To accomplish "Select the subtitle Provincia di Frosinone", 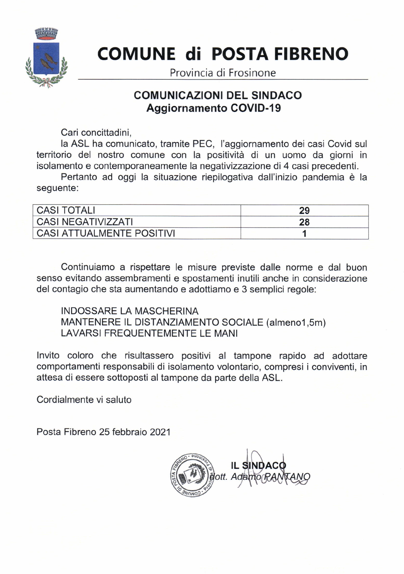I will pos(223,73).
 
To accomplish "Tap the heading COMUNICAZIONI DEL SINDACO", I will pos(218,95).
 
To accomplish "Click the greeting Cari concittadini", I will pos(96,132).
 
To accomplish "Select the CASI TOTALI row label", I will pos(66,210).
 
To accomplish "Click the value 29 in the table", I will pos(304,210).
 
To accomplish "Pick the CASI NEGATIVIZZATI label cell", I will pos(84,222).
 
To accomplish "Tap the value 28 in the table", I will pos(304,222).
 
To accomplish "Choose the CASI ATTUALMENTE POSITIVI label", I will pos(106,233).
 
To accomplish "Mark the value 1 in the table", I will pos(304,233).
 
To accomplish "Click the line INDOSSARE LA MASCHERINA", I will pos(129,311).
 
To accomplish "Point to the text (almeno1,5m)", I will pos(296,322).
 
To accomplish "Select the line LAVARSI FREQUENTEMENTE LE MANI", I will pos(149,333).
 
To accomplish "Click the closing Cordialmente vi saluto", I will pos(84,399).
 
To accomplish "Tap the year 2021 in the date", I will pos(160,432).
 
